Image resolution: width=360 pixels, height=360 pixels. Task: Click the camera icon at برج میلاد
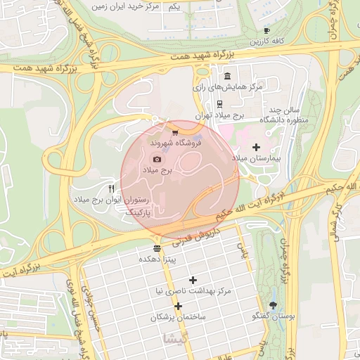pos(157,159)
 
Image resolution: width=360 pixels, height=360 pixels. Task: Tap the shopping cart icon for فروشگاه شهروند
pos(174,131)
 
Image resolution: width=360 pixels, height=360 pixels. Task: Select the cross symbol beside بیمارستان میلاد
pos(256,148)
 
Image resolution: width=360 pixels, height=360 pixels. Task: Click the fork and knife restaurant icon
pos(111,189)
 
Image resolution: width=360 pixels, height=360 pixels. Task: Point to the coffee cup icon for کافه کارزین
pos(266,31)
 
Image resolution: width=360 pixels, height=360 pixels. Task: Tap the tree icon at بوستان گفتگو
pos(274,305)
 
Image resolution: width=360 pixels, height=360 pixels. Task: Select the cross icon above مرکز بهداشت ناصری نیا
pos(193,280)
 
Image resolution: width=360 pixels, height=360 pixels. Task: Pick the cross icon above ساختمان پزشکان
pos(179,306)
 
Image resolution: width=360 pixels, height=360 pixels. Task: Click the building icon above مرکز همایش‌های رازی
pos(226,76)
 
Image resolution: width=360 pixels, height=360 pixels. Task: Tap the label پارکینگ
pos(137,211)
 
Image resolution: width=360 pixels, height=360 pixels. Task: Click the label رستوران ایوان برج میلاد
pos(112,200)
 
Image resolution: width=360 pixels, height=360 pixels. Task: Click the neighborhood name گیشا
pos(174,338)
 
